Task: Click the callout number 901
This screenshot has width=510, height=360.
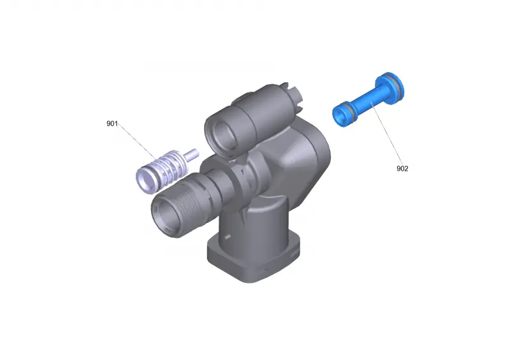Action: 112,124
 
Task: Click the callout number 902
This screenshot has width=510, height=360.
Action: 402,168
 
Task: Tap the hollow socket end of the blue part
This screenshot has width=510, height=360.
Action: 341,115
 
